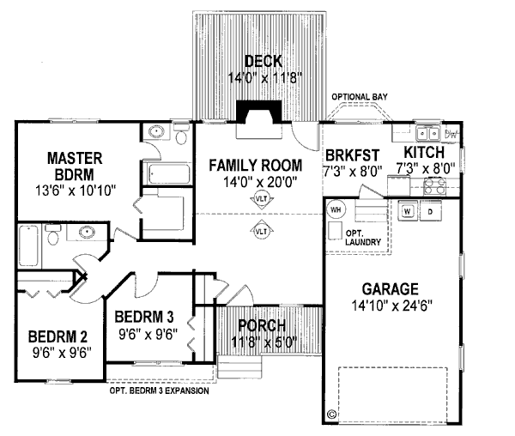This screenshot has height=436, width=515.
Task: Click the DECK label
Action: (264, 62)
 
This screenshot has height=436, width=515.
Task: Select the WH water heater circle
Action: (336, 209)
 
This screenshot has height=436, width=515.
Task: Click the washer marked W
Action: (408, 211)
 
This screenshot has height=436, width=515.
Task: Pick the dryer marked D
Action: (430, 211)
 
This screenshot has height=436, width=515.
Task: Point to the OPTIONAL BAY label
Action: (360, 97)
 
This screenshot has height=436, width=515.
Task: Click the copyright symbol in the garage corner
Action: (331, 414)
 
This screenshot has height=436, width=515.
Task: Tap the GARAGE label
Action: (391, 289)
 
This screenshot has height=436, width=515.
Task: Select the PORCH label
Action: (262, 325)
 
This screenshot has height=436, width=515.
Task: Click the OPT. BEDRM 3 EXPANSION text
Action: (160, 391)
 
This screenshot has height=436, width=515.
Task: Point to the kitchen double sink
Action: (428, 133)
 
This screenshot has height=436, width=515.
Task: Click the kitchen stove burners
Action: (434, 186)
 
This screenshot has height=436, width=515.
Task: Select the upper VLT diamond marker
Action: (262, 198)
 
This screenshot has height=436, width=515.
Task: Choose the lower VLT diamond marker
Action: (262, 231)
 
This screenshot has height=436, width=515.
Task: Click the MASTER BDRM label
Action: (75, 167)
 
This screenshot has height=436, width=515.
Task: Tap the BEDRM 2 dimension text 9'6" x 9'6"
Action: (62, 353)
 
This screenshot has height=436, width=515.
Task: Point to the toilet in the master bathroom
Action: (181, 134)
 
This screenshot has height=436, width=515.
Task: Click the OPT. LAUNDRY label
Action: (363, 238)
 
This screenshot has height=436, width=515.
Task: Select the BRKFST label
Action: (353, 155)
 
